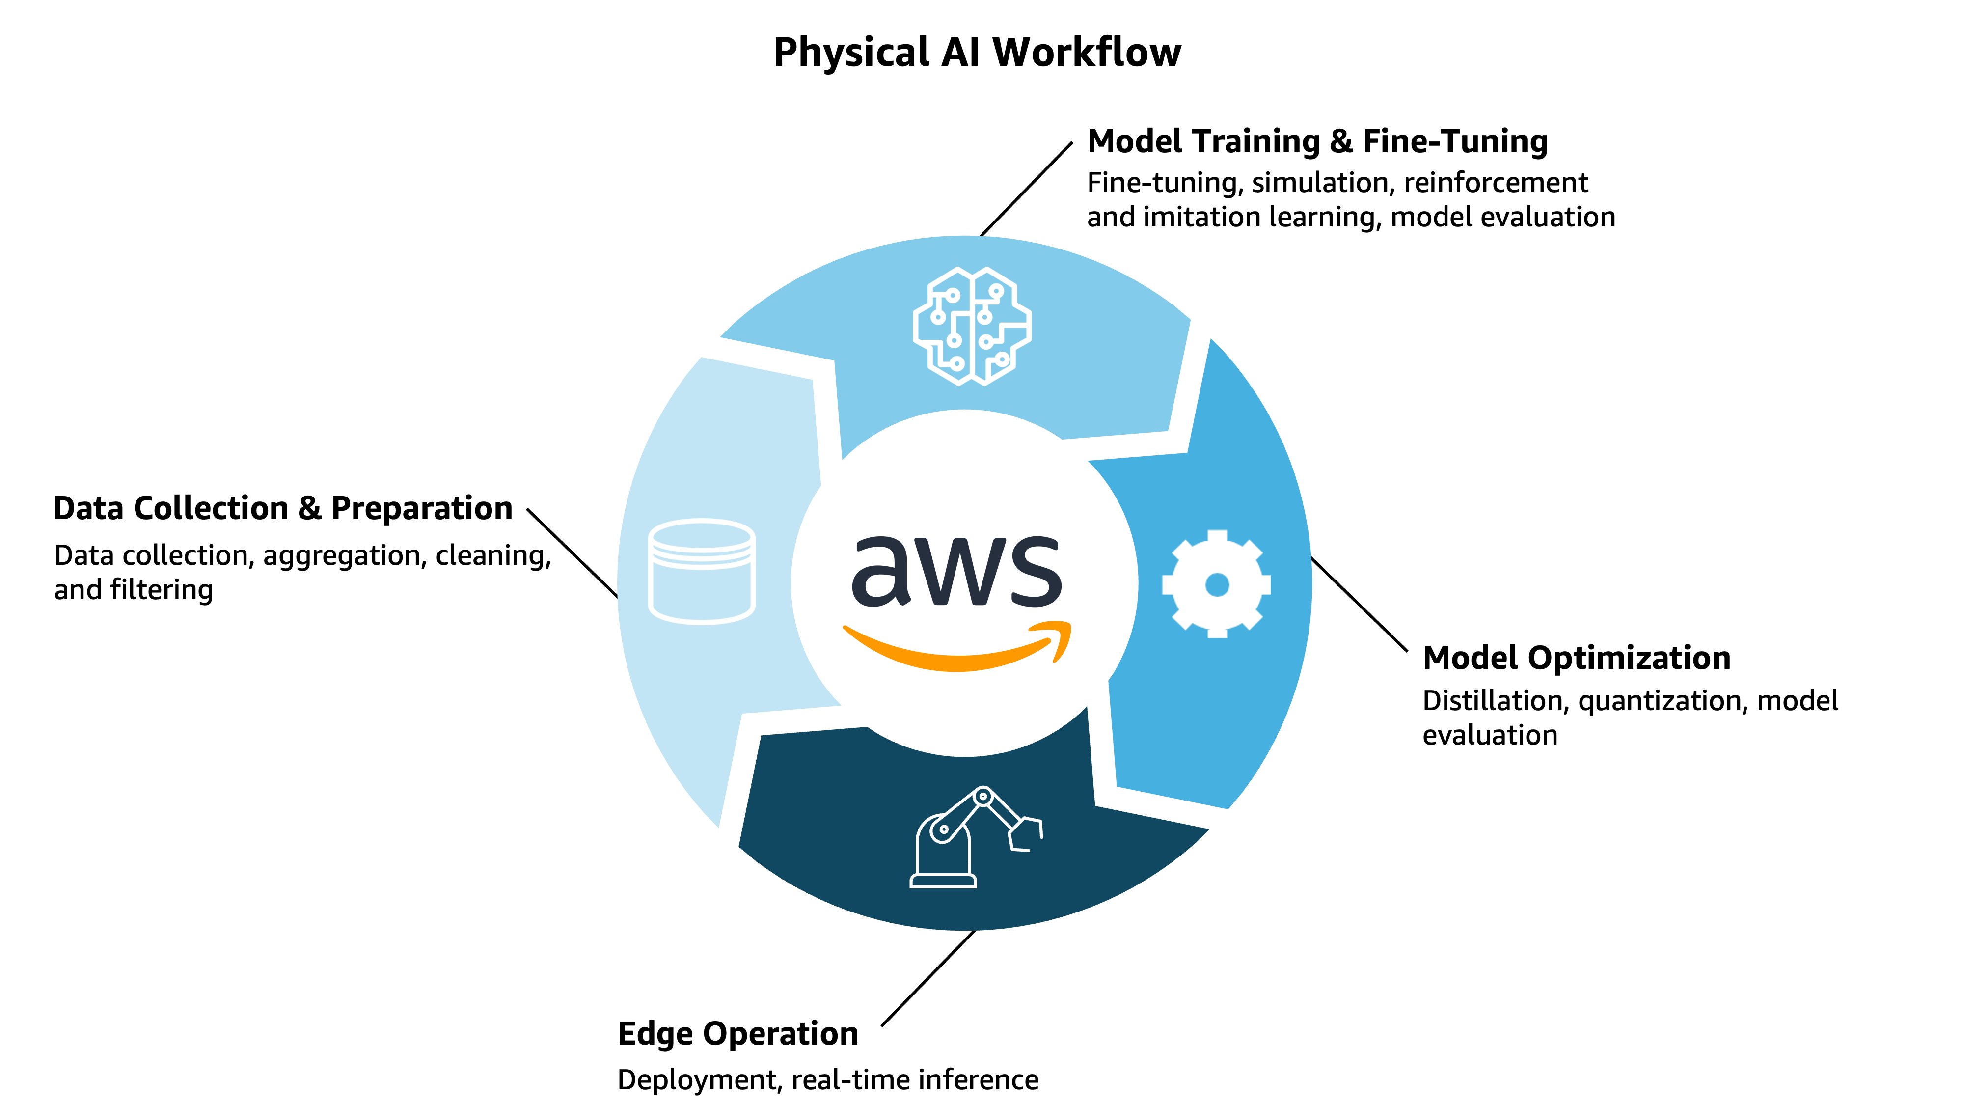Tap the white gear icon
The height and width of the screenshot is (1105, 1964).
point(1216,584)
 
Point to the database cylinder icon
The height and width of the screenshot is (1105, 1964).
point(702,572)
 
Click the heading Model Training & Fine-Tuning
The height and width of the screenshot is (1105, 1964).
point(1317,142)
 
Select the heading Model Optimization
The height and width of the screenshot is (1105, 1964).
point(1576,658)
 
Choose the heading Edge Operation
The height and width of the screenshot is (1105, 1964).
point(737,1034)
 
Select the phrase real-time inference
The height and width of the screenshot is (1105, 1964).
point(914,1080)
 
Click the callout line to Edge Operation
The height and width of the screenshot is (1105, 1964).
point(928,978)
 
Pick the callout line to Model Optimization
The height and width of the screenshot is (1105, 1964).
point(1360,605)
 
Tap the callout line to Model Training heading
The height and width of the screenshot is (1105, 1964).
point(1026,189)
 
